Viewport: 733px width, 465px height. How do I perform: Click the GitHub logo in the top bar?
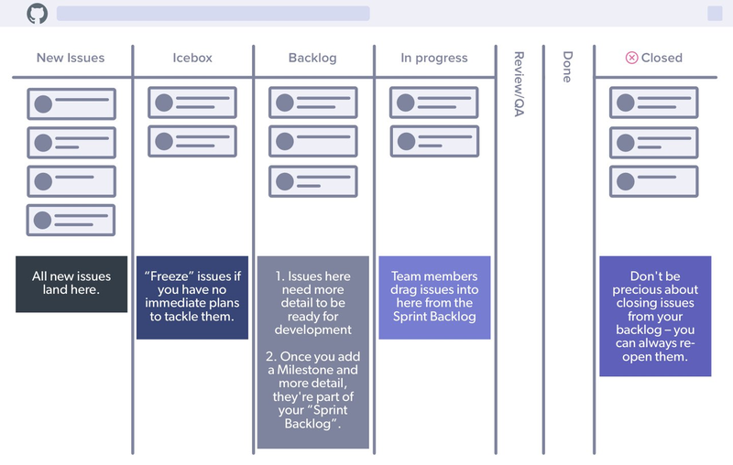click(37, 14)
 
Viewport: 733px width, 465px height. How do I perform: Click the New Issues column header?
click(71, 58)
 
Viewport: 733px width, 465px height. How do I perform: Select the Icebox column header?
click(192, 58)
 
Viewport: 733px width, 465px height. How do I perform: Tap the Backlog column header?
click(312, 58)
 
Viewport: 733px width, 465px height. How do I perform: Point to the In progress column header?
click(434, 58)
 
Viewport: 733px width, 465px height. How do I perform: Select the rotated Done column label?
click(567, 67)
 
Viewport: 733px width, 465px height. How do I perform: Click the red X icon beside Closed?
click(631, 58)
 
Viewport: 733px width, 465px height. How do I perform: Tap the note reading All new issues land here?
click(71, 284)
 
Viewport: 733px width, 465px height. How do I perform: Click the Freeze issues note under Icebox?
click(192, 297)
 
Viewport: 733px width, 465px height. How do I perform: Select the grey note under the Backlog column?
click(313, 352)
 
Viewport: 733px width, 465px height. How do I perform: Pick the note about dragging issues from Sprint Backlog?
click(434, 297)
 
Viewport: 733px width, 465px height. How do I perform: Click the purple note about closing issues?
click(655, 316)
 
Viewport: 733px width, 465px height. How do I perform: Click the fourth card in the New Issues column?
click(71, 221)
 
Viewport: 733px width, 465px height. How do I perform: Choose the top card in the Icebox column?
click(192, 103)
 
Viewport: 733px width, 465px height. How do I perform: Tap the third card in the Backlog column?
click(312, 181)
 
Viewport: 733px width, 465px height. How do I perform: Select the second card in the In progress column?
click(434, 142)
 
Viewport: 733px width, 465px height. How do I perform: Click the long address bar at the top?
click(213, 14)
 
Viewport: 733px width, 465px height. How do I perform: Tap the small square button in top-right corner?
click(715, 14)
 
